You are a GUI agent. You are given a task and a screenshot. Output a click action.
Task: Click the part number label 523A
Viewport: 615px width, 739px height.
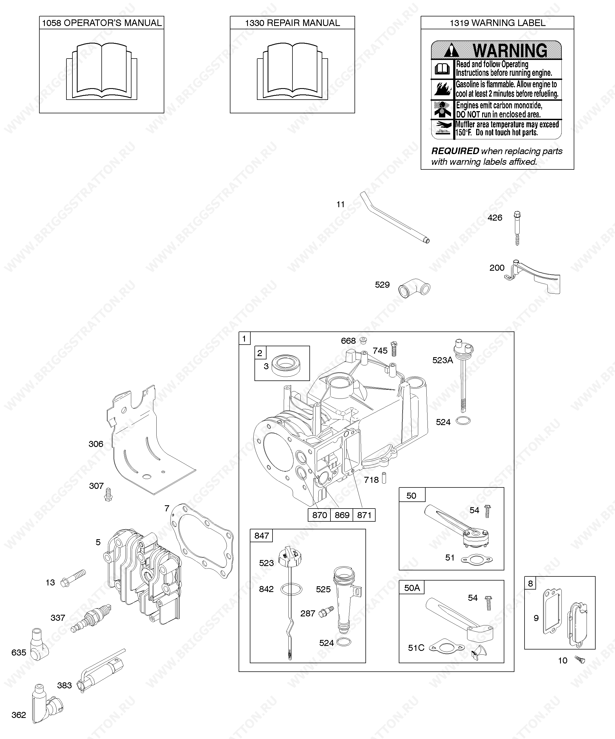click(x=443, y=360)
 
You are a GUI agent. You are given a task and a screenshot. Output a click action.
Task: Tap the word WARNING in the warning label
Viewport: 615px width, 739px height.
click(x=510, y=51)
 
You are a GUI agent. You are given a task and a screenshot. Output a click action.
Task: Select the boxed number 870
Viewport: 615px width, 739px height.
click(x=320, y=515)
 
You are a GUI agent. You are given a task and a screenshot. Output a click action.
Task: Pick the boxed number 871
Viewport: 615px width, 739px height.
click(x=364, y=515)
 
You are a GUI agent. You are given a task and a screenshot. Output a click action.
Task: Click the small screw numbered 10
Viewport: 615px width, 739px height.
click(x=580, y=659)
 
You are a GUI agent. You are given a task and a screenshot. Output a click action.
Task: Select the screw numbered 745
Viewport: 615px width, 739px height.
click(x=394, y=349)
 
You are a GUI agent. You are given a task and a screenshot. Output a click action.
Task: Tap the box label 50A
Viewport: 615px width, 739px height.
click(x=412, y=588)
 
